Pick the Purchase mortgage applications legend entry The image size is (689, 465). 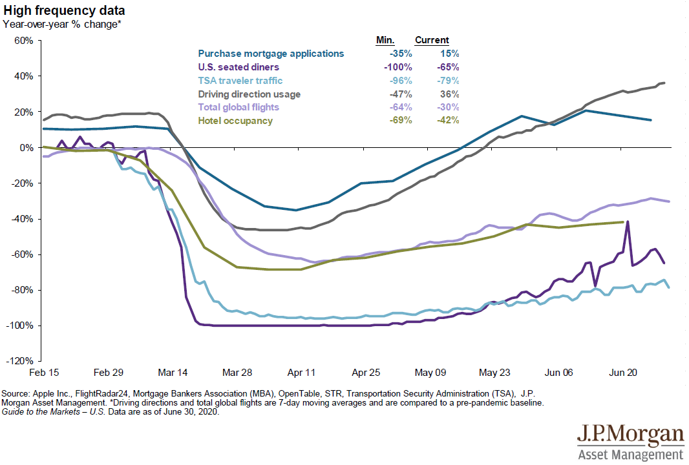(271, 54)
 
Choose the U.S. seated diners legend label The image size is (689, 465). (238, 67)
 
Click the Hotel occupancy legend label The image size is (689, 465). (235, 121)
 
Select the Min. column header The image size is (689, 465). (385, 40)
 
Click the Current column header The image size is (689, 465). (432, 40)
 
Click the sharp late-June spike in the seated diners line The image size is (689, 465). (628, 222)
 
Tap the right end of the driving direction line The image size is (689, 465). (665, 83)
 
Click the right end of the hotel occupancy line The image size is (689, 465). (623, 222)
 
